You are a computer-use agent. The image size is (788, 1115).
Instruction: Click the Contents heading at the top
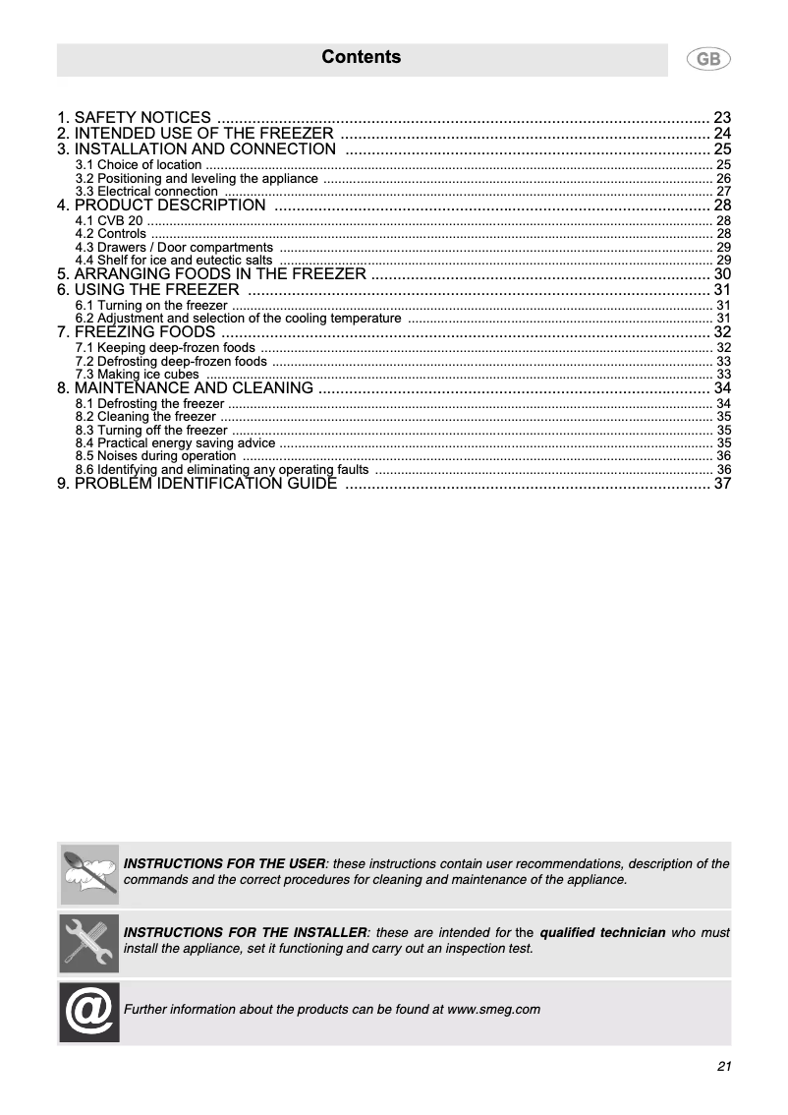point(362,58)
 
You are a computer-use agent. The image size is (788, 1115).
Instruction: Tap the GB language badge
point(708,60)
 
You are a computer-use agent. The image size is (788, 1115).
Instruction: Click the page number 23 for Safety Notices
point(723,117)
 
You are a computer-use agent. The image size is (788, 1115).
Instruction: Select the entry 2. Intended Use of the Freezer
point(195,134)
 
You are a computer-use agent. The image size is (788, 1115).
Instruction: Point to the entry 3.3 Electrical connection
point(146,192)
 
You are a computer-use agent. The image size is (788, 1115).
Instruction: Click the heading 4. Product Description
point(161,205)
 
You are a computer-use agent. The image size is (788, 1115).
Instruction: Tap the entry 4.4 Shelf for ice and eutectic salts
point(174,260)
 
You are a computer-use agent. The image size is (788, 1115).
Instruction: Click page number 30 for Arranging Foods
point(723,274)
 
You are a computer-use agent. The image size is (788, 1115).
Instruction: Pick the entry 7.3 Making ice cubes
point(137,375)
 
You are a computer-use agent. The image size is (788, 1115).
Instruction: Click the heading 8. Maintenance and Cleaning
point(186,388)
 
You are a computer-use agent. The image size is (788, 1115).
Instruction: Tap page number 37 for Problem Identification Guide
point(723,485)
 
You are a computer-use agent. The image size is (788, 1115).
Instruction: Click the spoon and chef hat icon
point(89,873)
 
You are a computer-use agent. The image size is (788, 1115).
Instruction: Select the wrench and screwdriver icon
point(89,943)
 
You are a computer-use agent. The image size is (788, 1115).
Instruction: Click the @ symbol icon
point(89,1012)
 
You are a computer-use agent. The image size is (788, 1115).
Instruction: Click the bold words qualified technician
point(602,932)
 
